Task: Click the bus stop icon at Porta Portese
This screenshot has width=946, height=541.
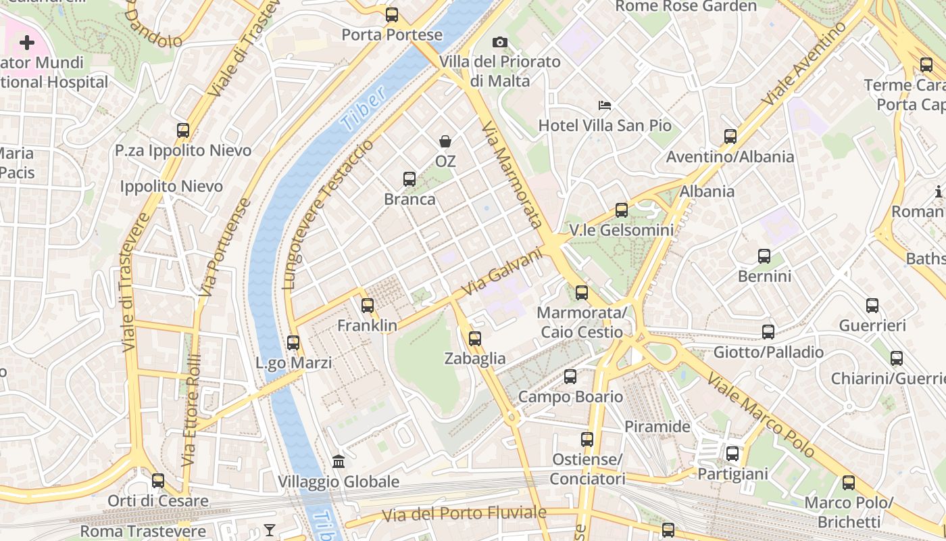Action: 392,14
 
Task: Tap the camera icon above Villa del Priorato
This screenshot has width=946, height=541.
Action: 500,43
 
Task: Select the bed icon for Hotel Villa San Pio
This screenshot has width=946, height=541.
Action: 605,105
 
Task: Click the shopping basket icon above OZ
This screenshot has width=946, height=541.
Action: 445,141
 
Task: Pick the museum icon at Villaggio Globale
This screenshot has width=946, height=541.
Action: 339,462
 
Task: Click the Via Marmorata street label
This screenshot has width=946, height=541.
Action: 512,174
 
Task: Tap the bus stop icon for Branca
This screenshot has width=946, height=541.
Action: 409,179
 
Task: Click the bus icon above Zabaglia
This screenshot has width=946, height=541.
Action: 475,339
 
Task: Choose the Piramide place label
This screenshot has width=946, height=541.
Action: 657,427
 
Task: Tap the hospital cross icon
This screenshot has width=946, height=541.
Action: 27,43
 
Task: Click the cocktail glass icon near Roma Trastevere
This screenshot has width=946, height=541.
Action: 270,530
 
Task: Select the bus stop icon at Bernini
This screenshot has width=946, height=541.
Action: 764,256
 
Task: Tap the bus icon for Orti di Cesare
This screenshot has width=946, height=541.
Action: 158,481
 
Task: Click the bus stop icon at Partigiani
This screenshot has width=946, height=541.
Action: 732,454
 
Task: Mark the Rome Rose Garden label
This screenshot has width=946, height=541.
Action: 686,7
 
